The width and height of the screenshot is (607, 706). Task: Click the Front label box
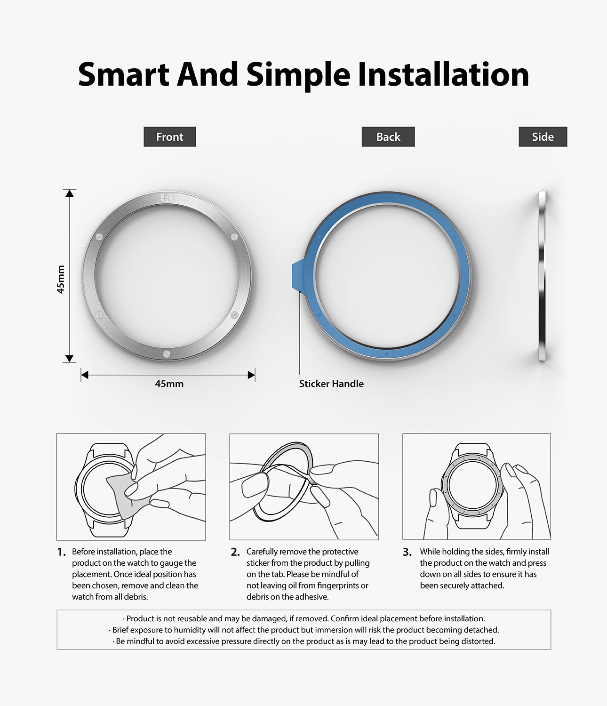169,137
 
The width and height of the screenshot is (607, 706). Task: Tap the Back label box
388,137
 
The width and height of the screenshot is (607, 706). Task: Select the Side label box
543,137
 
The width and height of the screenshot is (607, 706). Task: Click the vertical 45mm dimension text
61,280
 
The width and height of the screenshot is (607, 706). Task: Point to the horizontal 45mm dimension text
169,384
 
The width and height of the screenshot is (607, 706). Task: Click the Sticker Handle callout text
331,384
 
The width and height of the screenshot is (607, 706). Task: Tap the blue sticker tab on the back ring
298,276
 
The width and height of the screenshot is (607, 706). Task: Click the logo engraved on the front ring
167,198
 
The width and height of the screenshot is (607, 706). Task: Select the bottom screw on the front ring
166,354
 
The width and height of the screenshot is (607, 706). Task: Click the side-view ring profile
542,276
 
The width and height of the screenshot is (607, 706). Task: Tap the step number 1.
61,552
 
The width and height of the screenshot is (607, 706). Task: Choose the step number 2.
235,552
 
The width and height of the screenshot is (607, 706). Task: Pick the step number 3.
407,552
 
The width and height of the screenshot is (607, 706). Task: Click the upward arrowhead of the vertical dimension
70,193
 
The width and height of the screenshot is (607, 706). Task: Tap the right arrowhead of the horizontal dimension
251,375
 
